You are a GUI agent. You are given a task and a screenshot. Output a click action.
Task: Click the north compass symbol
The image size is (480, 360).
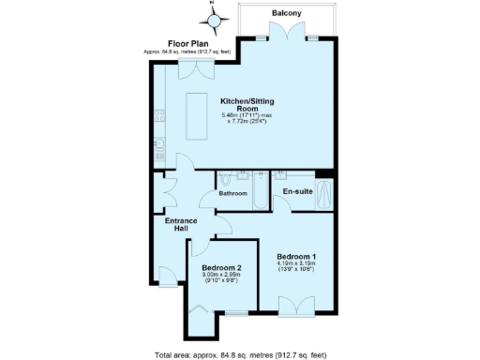pos(214,19)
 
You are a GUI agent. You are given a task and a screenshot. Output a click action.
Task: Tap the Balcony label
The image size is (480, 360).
pos(286,13)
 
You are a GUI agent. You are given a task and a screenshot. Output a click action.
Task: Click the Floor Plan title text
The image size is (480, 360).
pos(187,43)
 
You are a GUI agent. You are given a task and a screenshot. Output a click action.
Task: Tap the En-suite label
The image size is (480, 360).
pos(296,192)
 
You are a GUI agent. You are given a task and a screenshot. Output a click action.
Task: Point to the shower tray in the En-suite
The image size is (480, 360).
pos(324,195)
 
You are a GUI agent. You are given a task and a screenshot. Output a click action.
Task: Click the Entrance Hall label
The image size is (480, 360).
pos(181,225)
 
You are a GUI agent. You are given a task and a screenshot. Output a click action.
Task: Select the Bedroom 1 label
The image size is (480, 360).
pos(295,257)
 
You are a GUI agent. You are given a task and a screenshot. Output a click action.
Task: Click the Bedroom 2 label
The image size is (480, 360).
pos(222,266)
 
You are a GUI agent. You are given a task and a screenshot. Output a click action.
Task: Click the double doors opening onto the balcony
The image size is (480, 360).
pos(286,38)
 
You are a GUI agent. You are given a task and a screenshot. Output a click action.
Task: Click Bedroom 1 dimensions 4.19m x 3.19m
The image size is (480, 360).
pos(296,267)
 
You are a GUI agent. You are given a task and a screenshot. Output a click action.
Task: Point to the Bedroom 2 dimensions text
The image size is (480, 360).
pos(222,277)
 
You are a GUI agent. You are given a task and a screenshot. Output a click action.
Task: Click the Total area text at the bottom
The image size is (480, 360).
pos(240,354)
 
